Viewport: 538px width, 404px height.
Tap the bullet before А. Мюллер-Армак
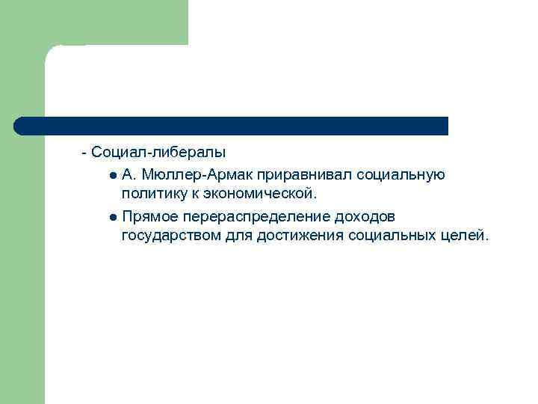pos(111,176)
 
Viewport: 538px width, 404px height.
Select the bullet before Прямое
pos(111,218)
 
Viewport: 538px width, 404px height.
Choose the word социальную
pos(401,175)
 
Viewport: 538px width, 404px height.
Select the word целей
pos(466,236)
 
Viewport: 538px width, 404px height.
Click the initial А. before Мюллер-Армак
pos(129,175)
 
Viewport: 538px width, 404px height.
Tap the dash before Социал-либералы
pos(84,152)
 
